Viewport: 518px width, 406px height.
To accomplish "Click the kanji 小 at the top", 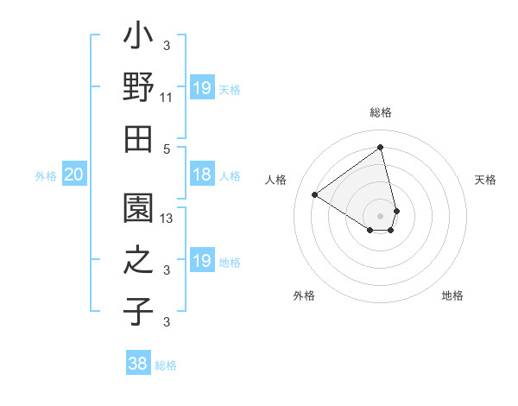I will click(138, 40).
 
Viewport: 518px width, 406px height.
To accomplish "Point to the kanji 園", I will click(138, 207).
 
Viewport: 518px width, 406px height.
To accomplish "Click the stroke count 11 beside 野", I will click(167, 98).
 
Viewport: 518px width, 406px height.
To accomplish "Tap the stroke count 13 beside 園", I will click(167, 219).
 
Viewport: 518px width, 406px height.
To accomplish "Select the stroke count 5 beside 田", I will click(167, 148).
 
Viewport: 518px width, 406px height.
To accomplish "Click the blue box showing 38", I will click(138, 364).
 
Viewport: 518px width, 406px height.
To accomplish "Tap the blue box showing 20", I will click(74, 175).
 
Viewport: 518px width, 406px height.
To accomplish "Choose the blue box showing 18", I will click(201, 175).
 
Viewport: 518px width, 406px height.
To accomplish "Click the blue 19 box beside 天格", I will click(201, 88).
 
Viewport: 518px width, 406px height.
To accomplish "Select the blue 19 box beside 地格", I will click(201, 261).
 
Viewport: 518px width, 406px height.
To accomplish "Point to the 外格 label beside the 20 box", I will click(46, 176).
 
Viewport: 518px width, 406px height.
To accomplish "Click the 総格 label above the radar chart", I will click(380, 112).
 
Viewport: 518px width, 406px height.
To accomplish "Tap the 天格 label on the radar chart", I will click(485, 180).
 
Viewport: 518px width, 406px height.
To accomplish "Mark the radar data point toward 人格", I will click(315, 194).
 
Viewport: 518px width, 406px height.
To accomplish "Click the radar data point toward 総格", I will click(380, 148).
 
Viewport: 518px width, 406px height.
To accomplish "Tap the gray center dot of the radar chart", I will click(380, 215).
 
